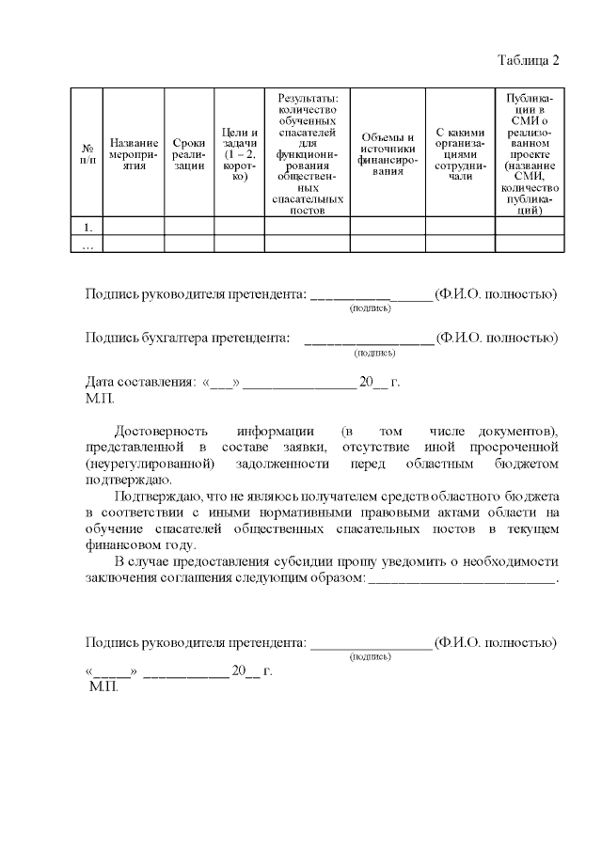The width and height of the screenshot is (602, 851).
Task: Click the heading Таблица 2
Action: click(528, 60)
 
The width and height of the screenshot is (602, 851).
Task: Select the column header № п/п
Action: click(87, 152)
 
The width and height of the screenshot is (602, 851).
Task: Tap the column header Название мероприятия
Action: click(133, 152)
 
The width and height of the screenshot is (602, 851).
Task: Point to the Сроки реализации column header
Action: click(189, 152)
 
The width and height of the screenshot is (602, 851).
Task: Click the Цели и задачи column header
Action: click(239, 152)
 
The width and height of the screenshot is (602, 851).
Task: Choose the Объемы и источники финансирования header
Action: click(388, 152)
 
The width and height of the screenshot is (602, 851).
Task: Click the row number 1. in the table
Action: click(87, 227)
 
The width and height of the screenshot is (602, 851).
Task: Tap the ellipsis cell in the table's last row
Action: click(87, 244)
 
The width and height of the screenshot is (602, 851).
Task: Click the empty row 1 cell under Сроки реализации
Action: click(189, 227)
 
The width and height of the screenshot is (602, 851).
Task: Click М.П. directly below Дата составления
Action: click(99, 399)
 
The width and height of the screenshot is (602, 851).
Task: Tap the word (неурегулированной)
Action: click(149, 464)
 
